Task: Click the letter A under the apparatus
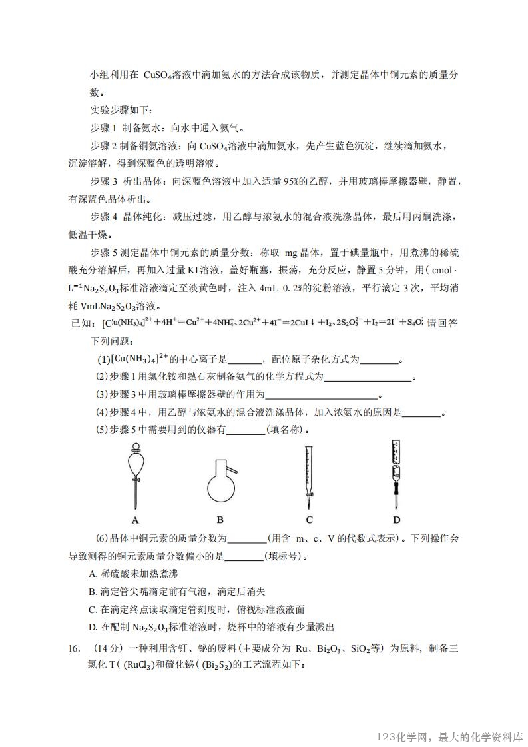coord(135,520)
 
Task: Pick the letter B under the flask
coord(220,520)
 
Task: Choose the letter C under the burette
coord(310,520)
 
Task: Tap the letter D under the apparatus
coord(396,520)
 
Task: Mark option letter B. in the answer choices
coord(93,591)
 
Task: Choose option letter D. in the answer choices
coord(93,627)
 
